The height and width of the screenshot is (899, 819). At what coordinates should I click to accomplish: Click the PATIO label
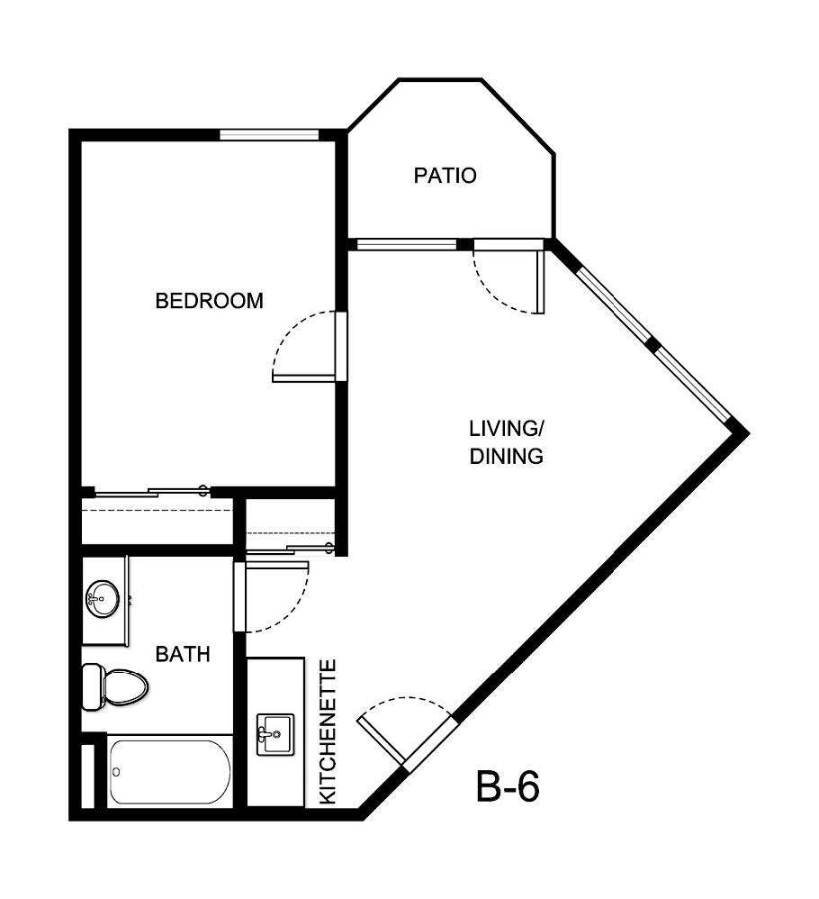tap(445, 176)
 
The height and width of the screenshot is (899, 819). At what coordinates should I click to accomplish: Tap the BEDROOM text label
tap(210, 301)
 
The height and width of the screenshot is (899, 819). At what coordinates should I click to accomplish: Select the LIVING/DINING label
tap(507, 440)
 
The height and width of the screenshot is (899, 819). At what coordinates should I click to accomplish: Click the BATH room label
tap(183, 654)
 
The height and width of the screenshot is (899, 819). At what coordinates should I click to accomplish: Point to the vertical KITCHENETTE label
tap(328, 731)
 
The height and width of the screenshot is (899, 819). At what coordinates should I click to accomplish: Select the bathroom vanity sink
tap(103, 595)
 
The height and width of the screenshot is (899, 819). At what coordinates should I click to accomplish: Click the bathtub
tap(169, 772)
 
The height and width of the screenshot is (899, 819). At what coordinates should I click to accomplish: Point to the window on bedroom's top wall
tap(270, 136)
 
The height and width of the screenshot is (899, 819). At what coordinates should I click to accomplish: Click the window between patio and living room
tap(407, 244)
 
